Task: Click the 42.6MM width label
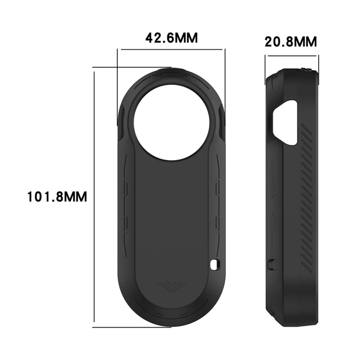point(171,38)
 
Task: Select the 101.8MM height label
point(57,197)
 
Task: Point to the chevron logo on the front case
point(171,285)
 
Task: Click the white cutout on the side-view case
point(286,122)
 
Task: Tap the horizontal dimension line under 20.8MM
point(292,56)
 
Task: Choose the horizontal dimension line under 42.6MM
point(171,49)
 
